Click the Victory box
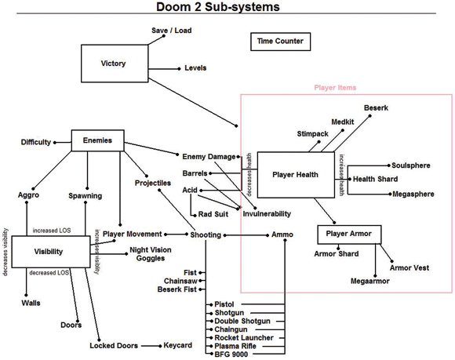[114, 64]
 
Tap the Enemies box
[97, 141]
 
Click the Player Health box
[295, 174]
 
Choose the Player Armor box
[349, 234]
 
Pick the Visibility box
[49, 252]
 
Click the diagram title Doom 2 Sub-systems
[228, 8]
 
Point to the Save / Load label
[171, 31]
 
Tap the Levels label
[195, 68]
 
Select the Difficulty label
[36, 142]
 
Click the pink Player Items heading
[336, 89]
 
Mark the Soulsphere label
[411, 165]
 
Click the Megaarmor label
[371, 279]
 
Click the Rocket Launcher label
[243, 337]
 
